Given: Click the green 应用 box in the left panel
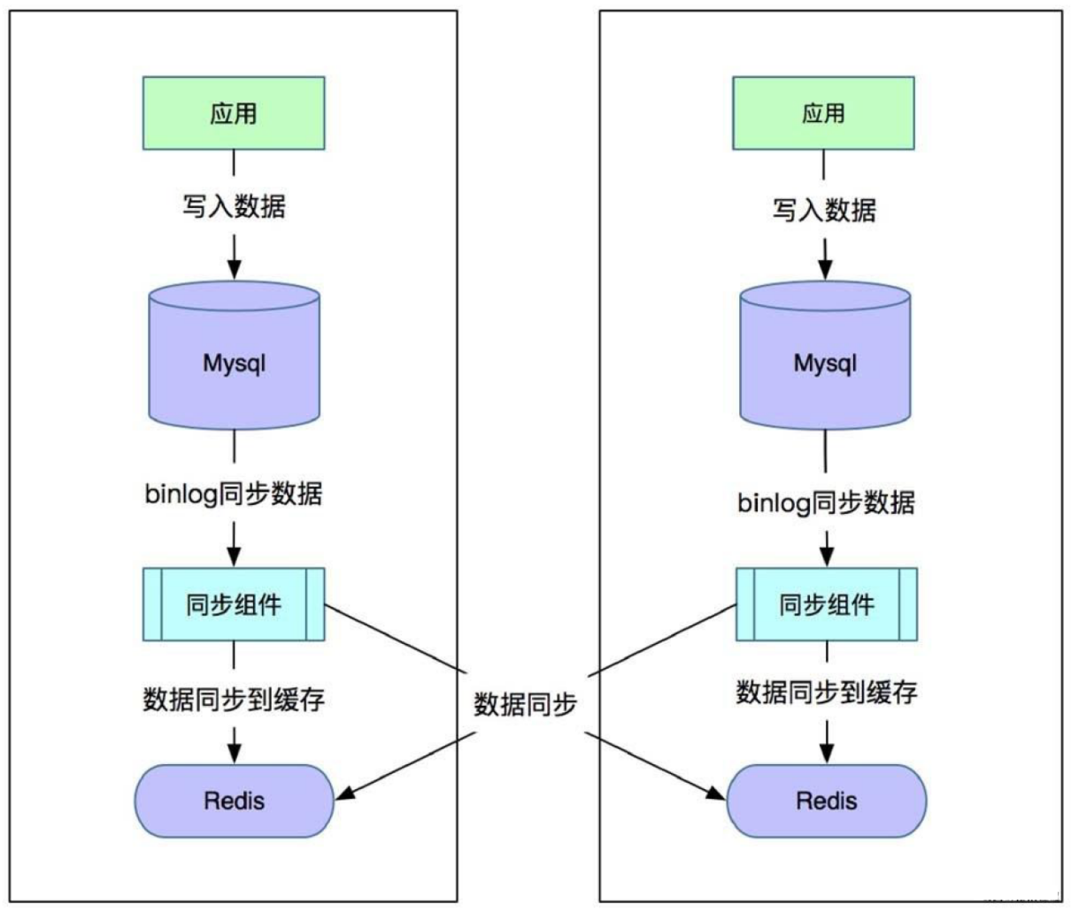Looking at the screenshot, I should pos(234,113).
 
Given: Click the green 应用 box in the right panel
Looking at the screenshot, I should pos(823,113).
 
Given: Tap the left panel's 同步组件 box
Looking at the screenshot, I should pos(234,605).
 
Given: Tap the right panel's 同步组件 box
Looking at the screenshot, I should pos(827,605).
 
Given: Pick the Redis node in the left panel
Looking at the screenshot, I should pos(234,801).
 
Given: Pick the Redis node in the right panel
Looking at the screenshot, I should pos(827,801).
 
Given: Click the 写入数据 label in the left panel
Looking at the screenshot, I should pos(234,207).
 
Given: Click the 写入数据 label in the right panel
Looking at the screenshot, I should pos(824,211).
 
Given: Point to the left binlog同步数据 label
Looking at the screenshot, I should pos(234,494).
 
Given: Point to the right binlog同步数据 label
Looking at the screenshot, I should pos(826,502).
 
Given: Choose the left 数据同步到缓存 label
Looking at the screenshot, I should pos(234,699).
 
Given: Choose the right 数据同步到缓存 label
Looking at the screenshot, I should pos(827,692).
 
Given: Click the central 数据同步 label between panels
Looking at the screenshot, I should pos(526,704).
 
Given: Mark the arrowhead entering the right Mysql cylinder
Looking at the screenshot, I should pos(825,269).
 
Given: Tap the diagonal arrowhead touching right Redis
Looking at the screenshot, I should pos(715,793).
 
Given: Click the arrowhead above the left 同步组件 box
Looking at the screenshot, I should pos(234,556).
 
